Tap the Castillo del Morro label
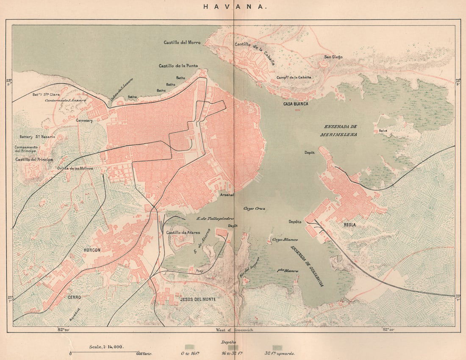182,43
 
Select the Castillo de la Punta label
178,66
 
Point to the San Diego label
333,57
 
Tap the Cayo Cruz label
254,209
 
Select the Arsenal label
227,195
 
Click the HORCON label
92,250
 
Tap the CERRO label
74,297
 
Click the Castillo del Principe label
34,159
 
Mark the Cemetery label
84,121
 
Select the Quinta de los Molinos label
75,168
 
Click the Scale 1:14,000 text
106,346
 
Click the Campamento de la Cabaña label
294,78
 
